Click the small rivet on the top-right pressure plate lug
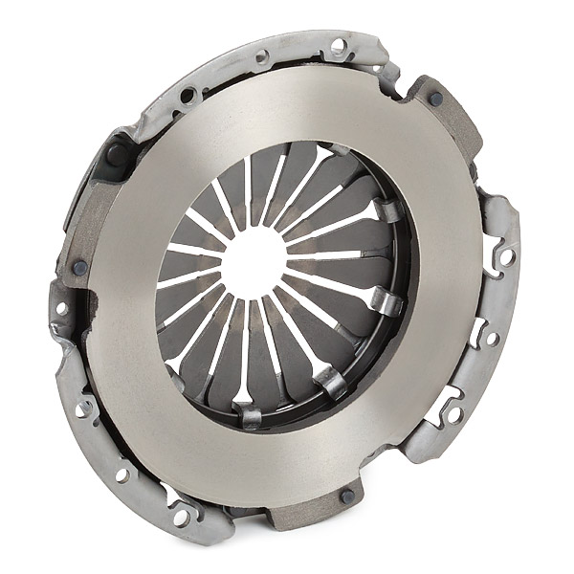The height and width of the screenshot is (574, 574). (x=435, y=98)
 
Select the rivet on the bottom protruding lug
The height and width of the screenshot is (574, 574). (x=346, y=496)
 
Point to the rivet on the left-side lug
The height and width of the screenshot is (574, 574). (x=79, y=268)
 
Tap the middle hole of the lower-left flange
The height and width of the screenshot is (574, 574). (x=121, y=474)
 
